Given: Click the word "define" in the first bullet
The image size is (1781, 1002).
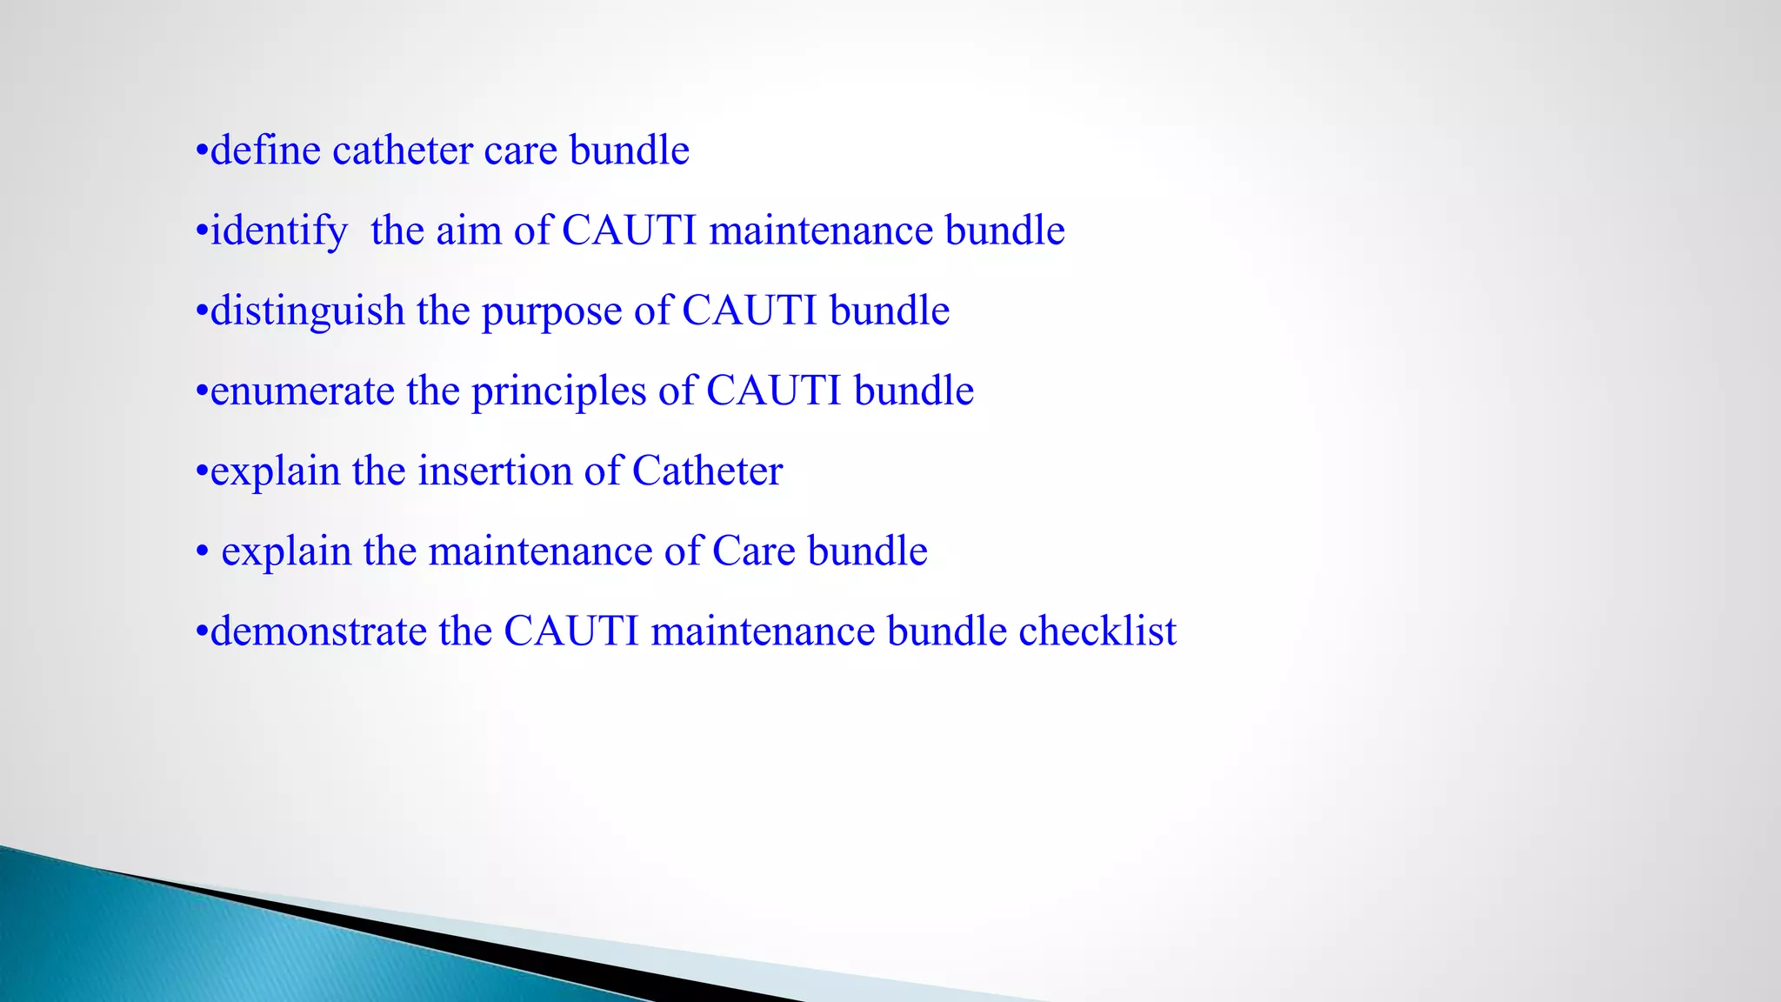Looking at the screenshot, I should coord(265,150).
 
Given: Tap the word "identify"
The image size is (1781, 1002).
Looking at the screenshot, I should coord(278,231).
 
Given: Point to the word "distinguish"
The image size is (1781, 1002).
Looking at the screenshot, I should coord(307,311).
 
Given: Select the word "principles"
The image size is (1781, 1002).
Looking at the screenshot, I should coord(558,391).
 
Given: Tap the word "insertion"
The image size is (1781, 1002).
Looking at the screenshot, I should coord(494,471).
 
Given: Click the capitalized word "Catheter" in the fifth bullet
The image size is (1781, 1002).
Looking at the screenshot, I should coord(707,471).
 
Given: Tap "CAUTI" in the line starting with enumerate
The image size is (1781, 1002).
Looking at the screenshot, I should coord(773,391).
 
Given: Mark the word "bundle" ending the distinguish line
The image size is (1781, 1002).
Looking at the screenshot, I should coord(889,311).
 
